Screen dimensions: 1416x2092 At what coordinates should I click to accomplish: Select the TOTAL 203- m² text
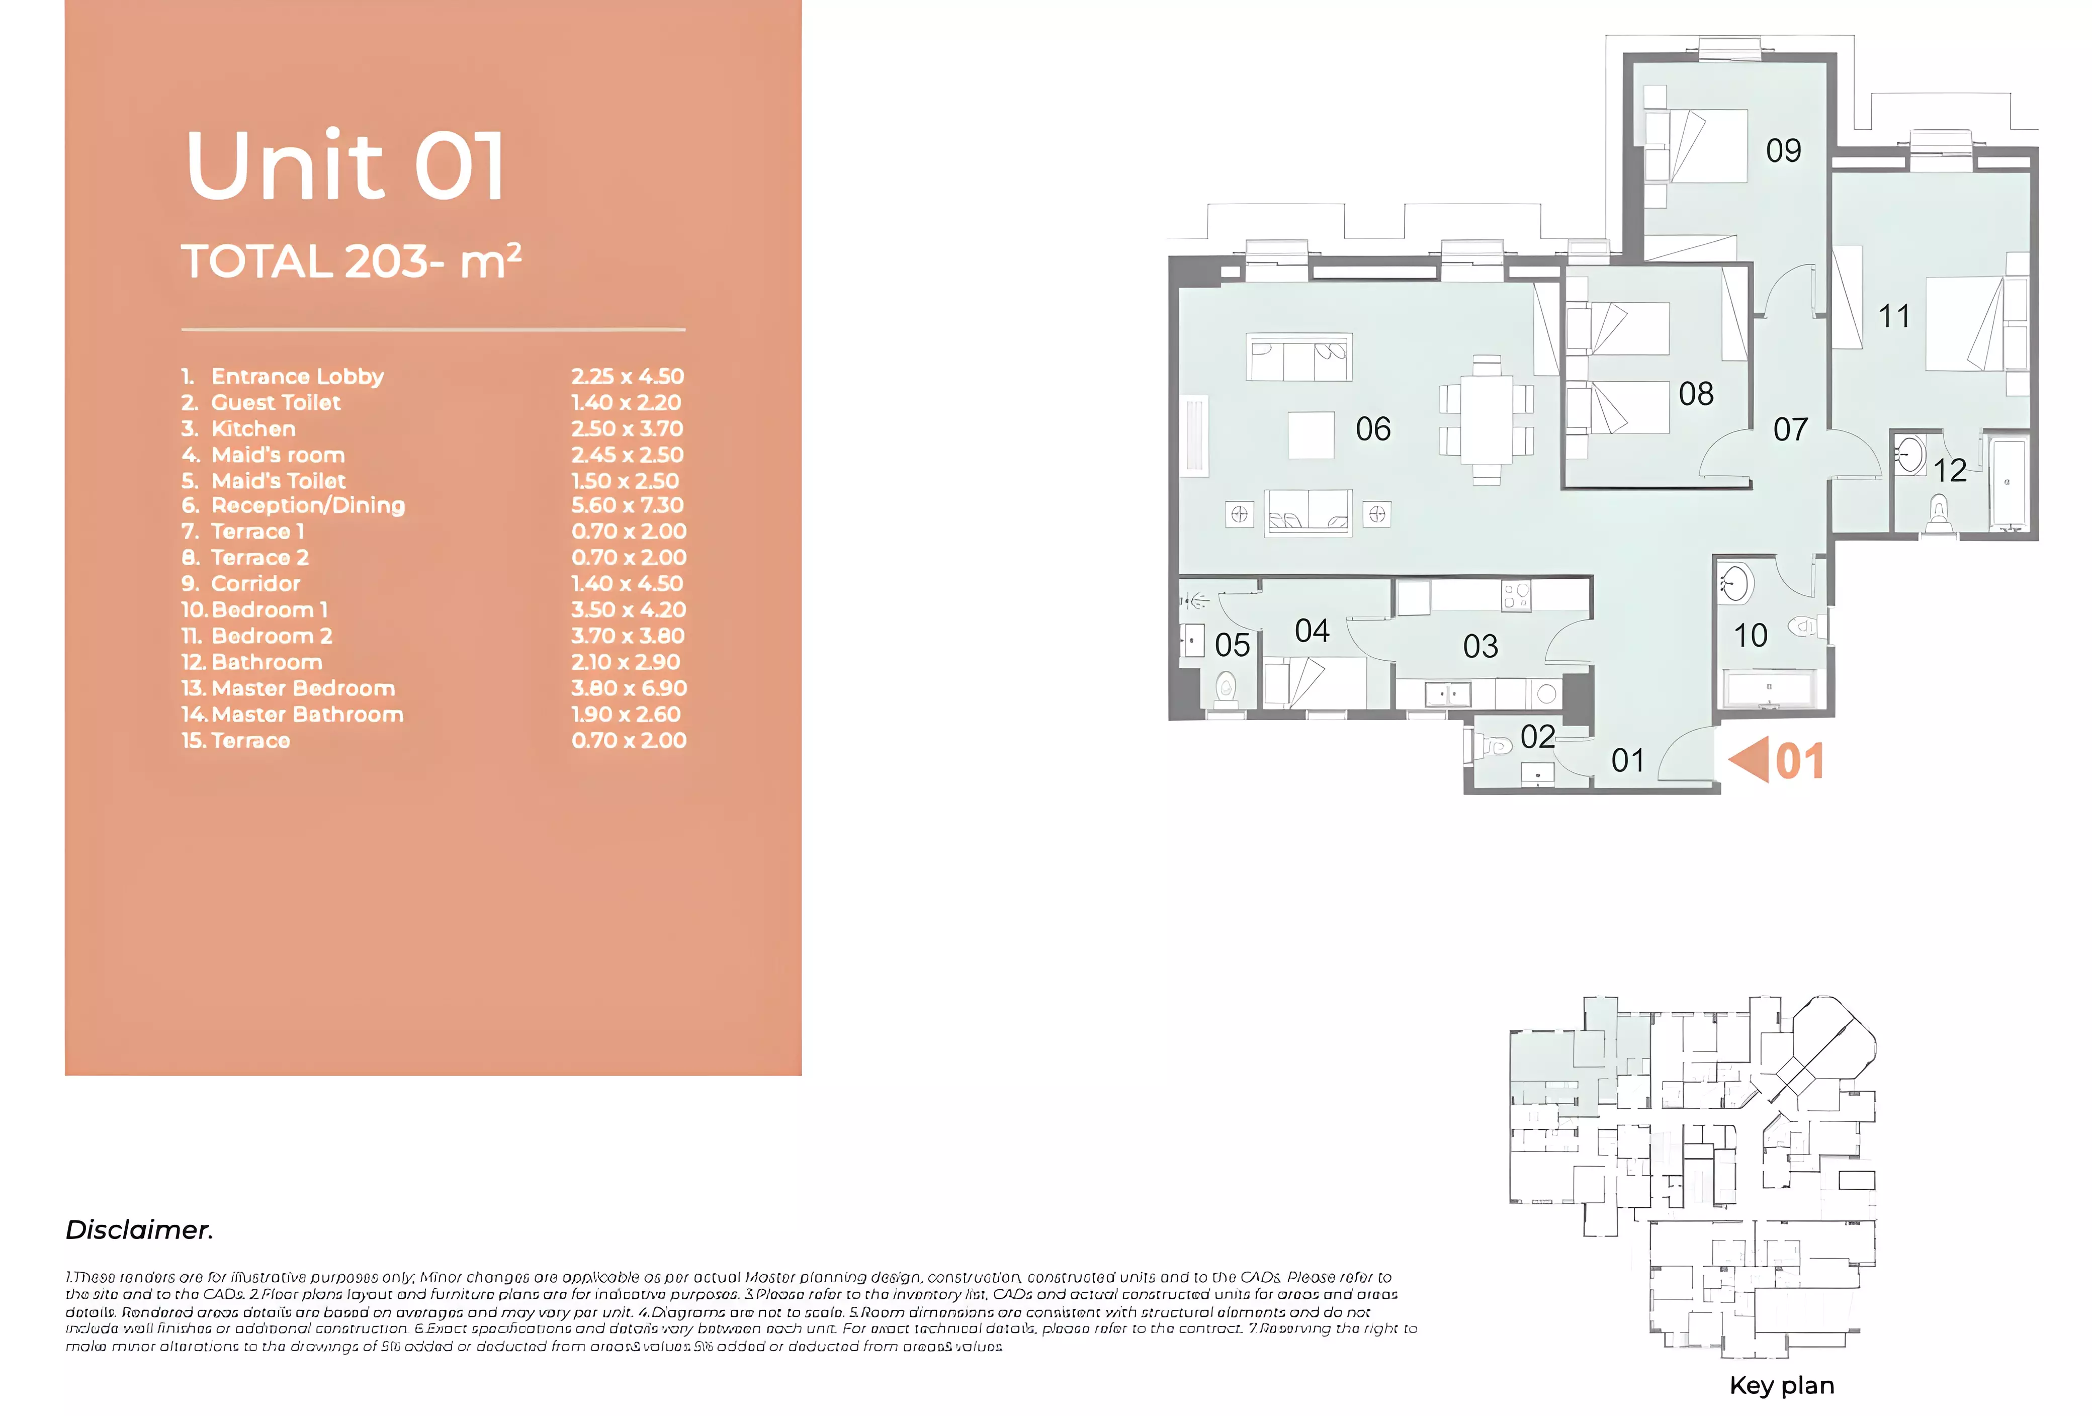click(351, 262)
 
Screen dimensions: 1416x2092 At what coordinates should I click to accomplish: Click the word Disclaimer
click(139, 1229)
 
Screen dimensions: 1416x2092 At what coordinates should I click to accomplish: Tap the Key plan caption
click(1781, 1385)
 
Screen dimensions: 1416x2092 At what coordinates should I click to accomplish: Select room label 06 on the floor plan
click(1373, 429)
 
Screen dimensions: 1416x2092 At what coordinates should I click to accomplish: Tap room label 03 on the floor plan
click(1480, 646)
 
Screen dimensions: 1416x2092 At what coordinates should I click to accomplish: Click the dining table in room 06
click(1486, 419)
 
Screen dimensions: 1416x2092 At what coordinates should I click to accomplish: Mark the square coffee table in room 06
click(1311, 435)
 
